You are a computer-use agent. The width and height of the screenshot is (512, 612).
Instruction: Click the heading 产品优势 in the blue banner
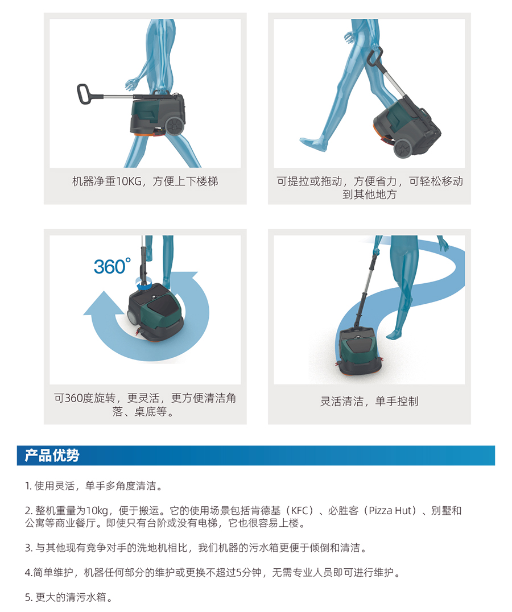click(x=52, y=455)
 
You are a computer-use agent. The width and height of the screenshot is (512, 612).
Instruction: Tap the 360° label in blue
click(x=112, y=266)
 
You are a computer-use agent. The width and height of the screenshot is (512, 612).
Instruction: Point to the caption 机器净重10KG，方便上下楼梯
click(x=145, y=181)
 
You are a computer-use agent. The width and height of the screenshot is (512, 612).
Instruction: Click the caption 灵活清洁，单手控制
click(x=369, y=401)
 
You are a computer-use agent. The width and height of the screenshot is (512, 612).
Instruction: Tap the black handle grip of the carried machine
click(x=84, y=94)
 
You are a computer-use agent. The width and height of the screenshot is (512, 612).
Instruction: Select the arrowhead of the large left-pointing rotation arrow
click(x=102, y=304)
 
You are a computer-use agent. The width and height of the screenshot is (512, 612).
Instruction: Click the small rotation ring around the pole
click(x=143, y=283)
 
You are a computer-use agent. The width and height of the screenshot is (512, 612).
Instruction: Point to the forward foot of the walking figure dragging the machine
click(x=314, y=143)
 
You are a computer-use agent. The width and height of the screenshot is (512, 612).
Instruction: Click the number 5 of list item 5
click(x=28, y=597)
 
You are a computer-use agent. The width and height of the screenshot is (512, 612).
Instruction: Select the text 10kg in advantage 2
click(x=96, y=511)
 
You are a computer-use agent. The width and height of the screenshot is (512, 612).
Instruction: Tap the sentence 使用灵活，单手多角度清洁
click(x=95, y=486)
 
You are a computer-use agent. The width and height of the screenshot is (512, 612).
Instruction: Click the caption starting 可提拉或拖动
click(x=370, y=188)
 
